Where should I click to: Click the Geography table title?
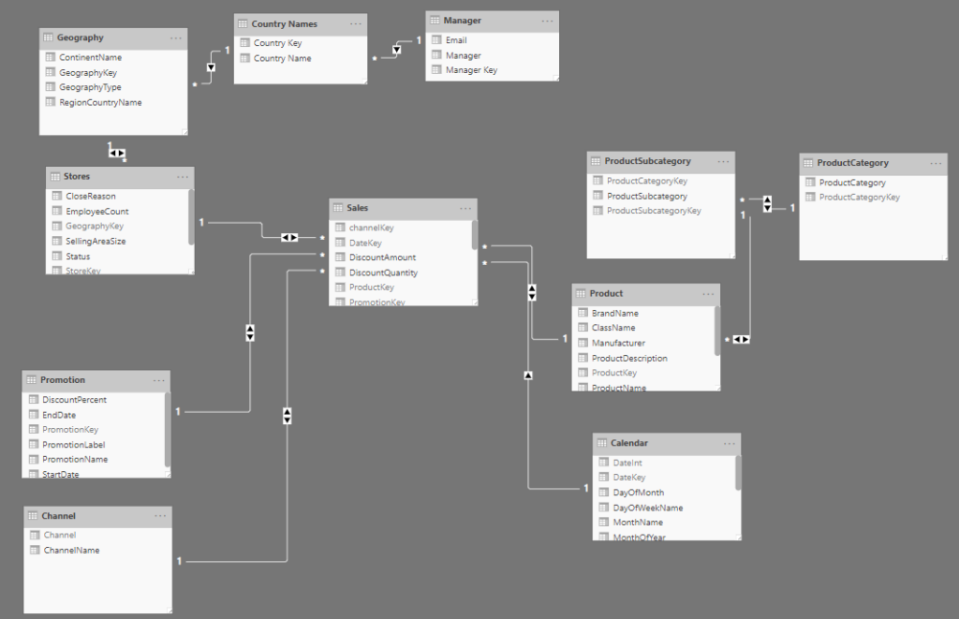(81, 37)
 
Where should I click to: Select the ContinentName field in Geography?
(90, 57)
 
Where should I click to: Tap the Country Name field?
(282, 58)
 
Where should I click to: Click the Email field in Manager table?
(456, 40)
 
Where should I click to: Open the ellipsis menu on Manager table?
(546, 20)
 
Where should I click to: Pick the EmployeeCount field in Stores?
(96, 212)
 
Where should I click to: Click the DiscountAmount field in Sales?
(382, 258)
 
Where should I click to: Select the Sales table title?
(358, 207)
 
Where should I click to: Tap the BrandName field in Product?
(614, 313)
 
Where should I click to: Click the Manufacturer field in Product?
(618, 343)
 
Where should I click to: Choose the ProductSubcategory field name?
(647, 197)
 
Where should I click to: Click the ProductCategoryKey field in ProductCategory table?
(859, 198)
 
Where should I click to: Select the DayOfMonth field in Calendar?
(638, 493)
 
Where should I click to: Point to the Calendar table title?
(628, 442)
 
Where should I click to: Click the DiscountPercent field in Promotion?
(75, 400)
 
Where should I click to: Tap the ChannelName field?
(71, 551)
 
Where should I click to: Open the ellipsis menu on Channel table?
(160, 515)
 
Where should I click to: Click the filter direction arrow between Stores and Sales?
(290, 238)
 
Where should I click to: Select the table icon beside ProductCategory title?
(809, 163)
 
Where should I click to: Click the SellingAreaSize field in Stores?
(96, 242)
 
